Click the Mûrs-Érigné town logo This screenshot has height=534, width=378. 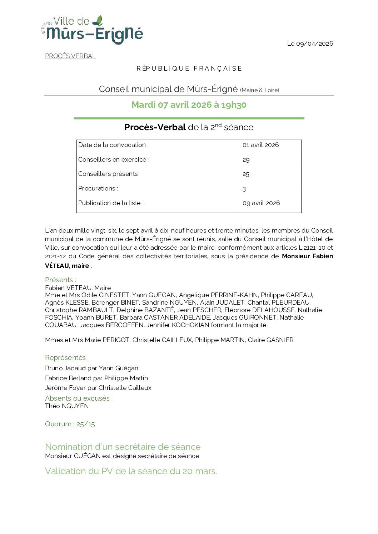click(92, 30)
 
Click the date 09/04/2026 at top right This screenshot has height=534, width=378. click(310, 44)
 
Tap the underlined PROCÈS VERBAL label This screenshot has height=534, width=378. click(70, 56)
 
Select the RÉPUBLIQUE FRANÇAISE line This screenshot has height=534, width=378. click(189, 68)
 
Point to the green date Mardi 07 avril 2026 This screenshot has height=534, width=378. click(189, 105)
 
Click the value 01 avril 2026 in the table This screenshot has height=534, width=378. click(260, 145)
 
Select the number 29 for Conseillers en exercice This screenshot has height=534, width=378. click(246, 160)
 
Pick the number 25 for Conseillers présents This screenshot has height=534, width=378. click(246, 174)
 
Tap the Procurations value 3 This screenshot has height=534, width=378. click(244, 189)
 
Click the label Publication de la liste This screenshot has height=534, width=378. click(111, 203)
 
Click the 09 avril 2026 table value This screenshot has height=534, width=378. click(261, 203)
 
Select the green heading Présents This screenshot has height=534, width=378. click(60, 280)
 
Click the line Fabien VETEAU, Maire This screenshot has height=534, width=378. click(78, 288)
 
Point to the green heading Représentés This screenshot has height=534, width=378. click(67, 357)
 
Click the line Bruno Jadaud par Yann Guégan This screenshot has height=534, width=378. click(91, 368)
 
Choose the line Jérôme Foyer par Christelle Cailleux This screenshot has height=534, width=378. click(98, 388)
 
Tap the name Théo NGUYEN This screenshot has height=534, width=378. click(67, 406)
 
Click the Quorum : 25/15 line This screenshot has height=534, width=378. click(70, 424)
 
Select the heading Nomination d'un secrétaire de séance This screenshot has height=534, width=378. click(123, 447)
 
